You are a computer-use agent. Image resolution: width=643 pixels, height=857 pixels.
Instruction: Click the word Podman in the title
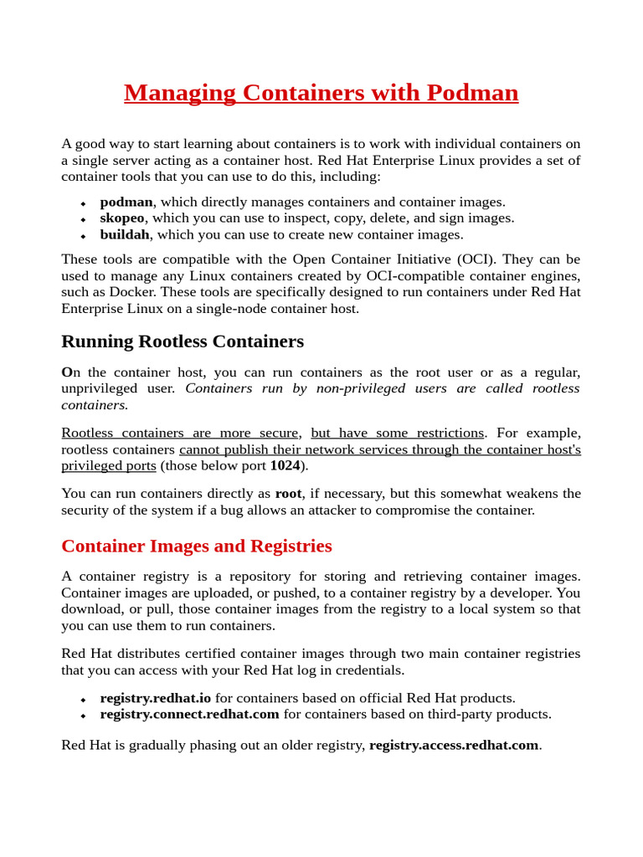472,93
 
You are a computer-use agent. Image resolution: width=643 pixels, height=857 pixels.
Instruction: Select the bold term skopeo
122,218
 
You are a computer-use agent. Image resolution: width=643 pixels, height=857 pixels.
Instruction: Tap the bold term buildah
125,235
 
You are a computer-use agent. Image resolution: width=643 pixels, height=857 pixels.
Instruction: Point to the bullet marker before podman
83,203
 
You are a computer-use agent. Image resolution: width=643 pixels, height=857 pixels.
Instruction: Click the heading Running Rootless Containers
183,341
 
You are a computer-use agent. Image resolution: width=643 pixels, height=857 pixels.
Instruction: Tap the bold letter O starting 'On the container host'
66,372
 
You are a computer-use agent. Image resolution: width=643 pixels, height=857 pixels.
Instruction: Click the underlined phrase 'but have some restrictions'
397,433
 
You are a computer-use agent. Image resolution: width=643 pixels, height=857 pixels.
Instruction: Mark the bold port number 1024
285,466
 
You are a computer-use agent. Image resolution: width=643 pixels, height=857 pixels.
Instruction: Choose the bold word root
288,494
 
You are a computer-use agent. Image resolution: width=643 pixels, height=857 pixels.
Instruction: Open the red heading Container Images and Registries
197,547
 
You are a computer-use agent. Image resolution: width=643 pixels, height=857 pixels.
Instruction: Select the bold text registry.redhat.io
156,698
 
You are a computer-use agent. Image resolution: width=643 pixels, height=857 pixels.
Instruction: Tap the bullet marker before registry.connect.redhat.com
83,716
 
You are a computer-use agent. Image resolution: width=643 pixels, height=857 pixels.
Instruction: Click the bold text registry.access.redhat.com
454,745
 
